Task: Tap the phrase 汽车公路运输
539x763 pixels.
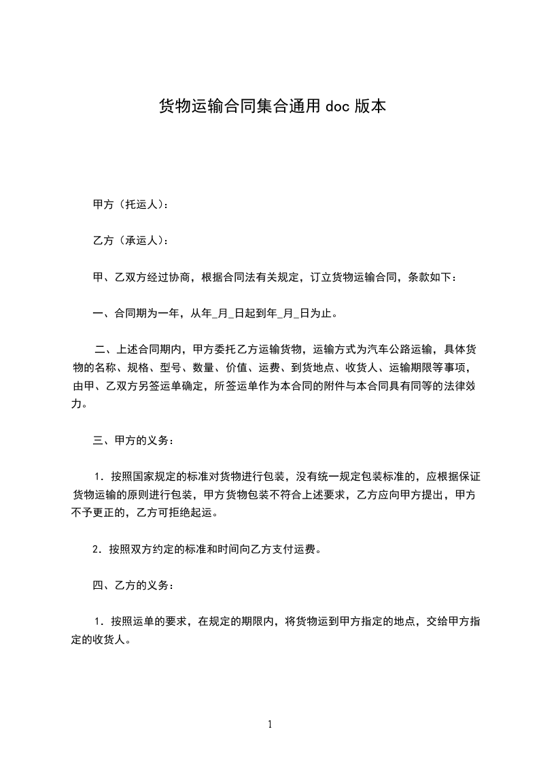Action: (x=400, y=351)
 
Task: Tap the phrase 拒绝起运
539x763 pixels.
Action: (x=191, y=513)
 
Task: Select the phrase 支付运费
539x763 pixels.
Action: (x=300, y=550)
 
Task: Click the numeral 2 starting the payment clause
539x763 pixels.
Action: (x=96, y=550)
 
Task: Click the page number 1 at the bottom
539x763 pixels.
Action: (x=270, y=724)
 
